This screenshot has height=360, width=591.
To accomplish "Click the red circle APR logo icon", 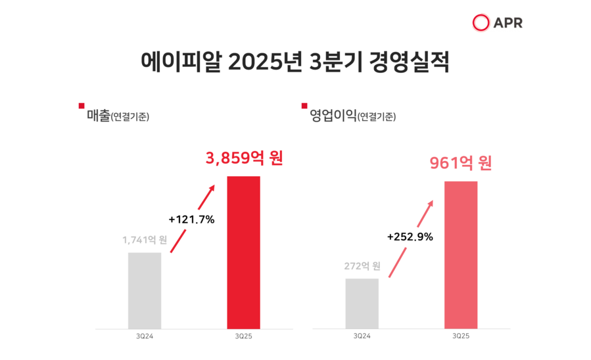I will click(x=481, y=22).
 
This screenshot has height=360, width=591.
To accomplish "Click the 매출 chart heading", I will click(x=99, y=116).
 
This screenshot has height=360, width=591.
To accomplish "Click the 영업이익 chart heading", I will click(x=333, y=116).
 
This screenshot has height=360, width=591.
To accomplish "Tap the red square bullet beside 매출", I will click(x=82, y=106).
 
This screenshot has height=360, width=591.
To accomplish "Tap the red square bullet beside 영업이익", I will click(x=304, y=106).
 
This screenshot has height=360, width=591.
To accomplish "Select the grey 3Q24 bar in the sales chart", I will click(x=145, y=290).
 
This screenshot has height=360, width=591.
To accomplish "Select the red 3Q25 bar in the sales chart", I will click(x=243, y=252).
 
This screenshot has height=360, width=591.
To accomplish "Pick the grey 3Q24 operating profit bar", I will click(x=362, y=303).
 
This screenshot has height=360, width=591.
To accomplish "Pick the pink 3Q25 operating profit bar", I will click(x=461, y=254).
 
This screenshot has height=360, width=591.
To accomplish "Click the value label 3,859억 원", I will click(x=244, y=158).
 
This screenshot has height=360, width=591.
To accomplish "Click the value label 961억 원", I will click(x=461, y=163).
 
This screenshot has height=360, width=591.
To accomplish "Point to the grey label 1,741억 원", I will click(x=145, y=240).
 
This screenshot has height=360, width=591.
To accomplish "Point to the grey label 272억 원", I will click(x=362, y=266).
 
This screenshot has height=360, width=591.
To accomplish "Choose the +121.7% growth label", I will click(x=192, y=219).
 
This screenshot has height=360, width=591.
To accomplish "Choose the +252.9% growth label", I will click(x=410, y=237).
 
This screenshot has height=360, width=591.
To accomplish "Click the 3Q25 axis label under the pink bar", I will click(x=461, y=336).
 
